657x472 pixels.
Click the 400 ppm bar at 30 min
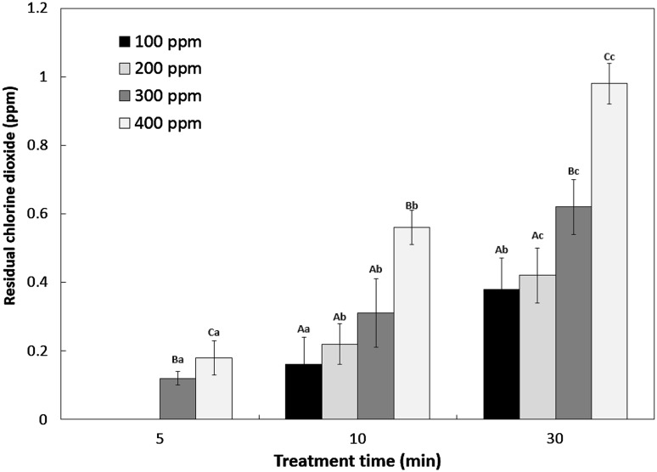(x=609, y=251)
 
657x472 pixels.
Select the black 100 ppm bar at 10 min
(x=303, y=391)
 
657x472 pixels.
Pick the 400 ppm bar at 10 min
(x=412, y=323)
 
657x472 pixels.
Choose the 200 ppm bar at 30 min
(x=537, y=347)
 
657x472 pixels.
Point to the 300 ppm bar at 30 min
(x=573, y=313)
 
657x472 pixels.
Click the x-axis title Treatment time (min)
(x=357, y=461)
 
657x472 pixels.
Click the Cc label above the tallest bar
(x=609, y=57)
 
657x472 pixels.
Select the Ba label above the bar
(x=177, y=359)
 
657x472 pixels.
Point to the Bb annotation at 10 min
(x=412, y=205)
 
